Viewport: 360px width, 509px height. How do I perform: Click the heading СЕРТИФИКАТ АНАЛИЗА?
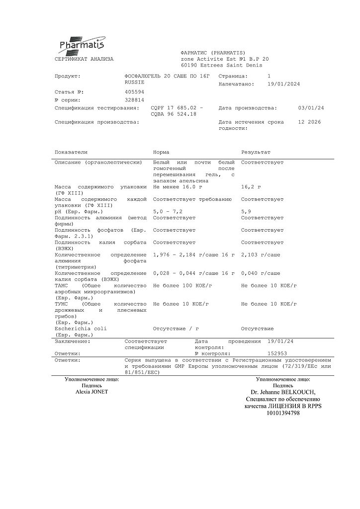pyautogui.click(x=84, y=59)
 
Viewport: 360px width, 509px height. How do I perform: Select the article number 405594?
pyautogui.click(x=134, y=92)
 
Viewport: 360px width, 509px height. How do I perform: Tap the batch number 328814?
pyautogui.click(x=134, y=100)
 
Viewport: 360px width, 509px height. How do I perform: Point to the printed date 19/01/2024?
pyautogui.click(x=283, y=84)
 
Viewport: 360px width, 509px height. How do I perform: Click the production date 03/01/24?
pyautogui.click(x=311, y=108)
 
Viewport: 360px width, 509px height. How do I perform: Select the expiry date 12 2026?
pyautogui.click(x=309, y=122)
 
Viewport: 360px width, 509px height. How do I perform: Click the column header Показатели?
pyautogui.click(x=71, y=152)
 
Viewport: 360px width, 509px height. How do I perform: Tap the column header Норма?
pyautogui.click(x=161, y=152)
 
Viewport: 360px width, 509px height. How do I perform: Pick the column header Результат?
pyautogui.click(x=256, y=152)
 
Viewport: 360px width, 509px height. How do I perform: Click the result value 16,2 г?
pyautogui.click(x=251, y=187)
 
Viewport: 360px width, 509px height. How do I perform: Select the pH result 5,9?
pyautogui.click(x=246, y=212)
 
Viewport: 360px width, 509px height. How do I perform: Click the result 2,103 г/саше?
pyautogui.click(x=261, y=254)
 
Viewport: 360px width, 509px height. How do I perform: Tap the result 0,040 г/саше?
pyautogui.click(x=261, y=273)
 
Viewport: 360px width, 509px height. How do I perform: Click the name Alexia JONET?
pyautogui.click(x=91, y=392)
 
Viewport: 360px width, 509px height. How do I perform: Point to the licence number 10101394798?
pyautogui.click(x=282, y=413)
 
